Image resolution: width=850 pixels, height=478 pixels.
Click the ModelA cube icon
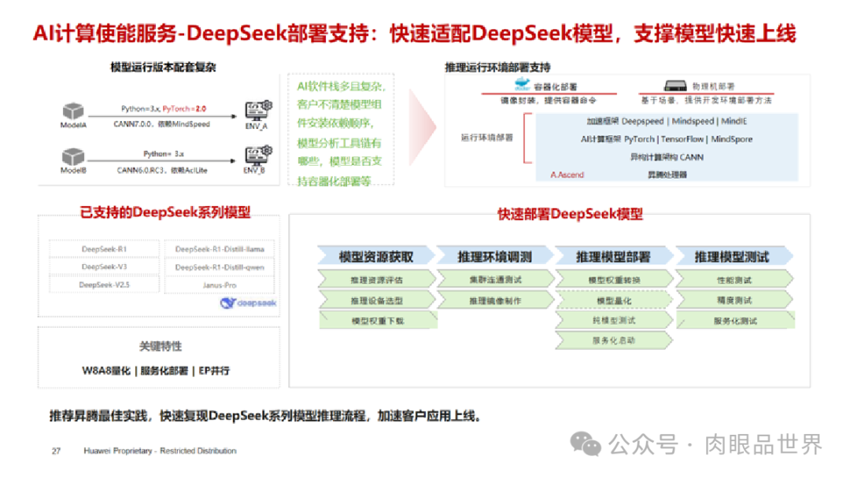click(72, 111)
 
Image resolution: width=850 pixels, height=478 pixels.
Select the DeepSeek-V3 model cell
click(104, 267)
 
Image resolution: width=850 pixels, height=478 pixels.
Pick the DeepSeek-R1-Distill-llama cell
click(220, 249)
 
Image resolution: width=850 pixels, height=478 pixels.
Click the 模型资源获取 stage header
click(375, 256)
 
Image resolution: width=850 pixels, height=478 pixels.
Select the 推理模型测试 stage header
click(731, 256)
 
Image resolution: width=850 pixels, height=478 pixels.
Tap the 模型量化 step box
click(614, 300)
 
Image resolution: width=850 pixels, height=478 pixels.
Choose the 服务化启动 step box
click(614, 340)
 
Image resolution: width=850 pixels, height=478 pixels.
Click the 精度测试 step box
click(734, 300)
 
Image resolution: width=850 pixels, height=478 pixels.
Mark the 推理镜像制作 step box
click(494, 300)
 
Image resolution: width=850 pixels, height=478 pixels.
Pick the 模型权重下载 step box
click(376, 321)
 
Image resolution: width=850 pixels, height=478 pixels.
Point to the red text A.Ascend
click(567, 175)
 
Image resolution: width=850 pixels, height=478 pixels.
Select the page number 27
click(57, 451)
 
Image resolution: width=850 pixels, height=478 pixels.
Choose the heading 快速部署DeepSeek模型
click(570, 214)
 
